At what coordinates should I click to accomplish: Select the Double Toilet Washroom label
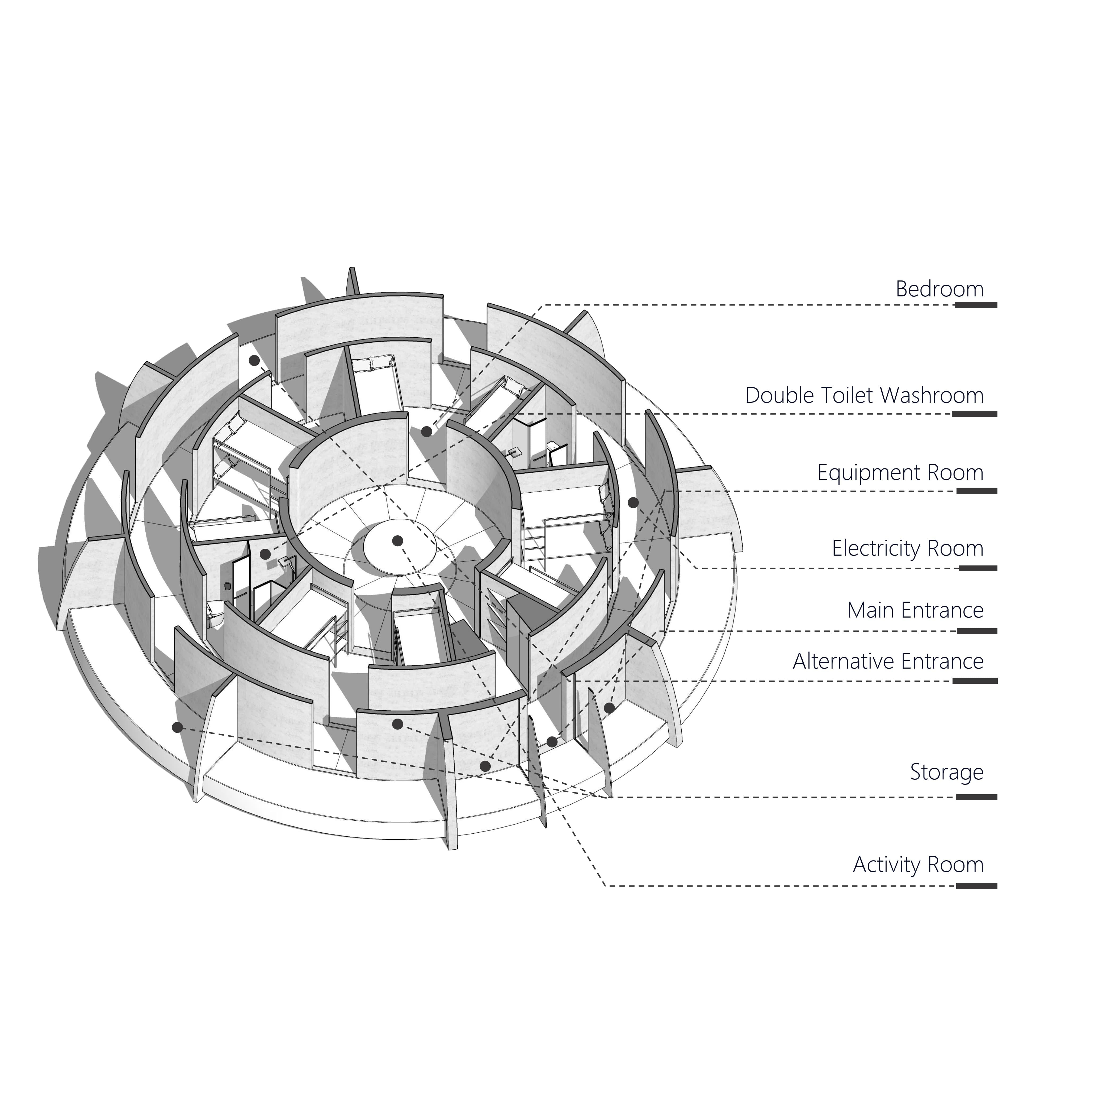(x=864, y=395)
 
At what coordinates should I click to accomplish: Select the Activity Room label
(x=918, y=865)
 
